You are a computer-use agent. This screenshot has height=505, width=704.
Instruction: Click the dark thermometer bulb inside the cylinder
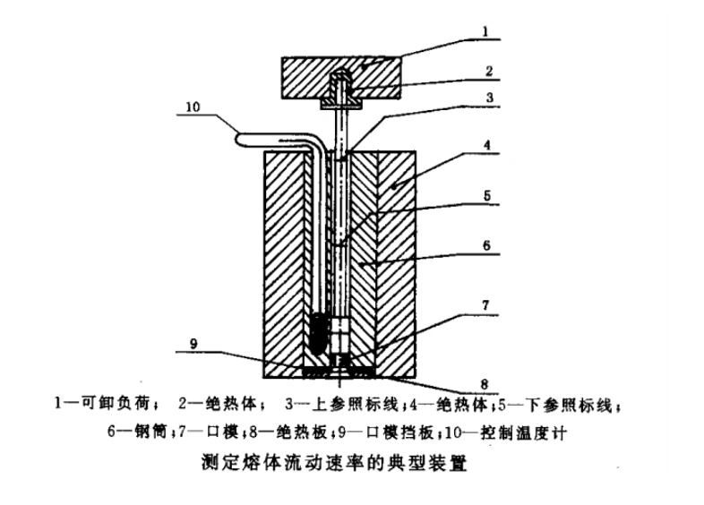[318, 331]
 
